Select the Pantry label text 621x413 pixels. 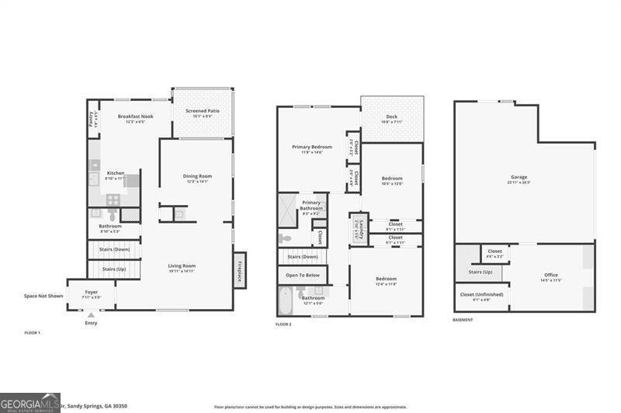click(92, 117)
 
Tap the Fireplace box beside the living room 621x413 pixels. click(239, 271)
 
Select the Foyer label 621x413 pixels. click(91, 293)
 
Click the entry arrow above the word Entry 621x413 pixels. click(92, 314)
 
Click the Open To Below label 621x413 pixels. click(302, 275)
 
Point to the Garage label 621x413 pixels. click(519, 179)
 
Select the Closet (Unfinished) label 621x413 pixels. click(481, 296)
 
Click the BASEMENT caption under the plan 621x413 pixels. click(463, 320)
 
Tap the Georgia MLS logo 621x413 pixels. click(30, 402)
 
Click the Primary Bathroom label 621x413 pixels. click(311, 205)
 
